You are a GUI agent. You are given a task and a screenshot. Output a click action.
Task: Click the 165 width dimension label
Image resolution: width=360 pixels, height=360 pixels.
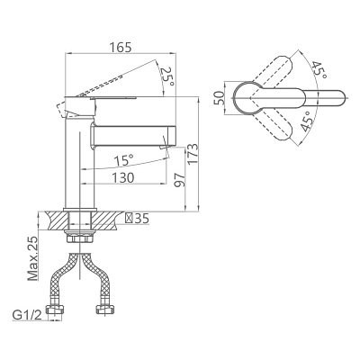(x=120, y=47)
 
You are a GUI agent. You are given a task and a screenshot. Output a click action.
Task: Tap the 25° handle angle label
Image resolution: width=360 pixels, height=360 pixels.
(x=167, y=76)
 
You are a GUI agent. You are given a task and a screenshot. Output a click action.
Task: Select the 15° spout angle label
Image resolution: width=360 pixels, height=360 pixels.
(x=123, y=160)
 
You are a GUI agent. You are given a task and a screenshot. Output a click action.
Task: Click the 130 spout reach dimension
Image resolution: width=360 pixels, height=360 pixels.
(x=123, y=177)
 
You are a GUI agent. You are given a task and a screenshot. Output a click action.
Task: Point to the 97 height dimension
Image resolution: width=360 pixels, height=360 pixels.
(x=180, y=180)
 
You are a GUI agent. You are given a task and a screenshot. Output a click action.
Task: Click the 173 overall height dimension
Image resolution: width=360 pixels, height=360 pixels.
(x=193, y=154)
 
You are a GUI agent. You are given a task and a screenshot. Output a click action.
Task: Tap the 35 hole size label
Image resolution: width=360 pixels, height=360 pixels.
(x=141, y=219)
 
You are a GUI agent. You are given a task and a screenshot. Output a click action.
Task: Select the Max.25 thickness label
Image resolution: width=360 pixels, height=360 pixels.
(x=33, y=258)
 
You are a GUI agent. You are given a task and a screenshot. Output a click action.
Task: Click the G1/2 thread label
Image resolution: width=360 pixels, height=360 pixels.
(x=27, y=315)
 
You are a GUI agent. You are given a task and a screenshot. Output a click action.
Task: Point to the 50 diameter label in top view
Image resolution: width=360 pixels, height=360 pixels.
(x=219, y=98)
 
